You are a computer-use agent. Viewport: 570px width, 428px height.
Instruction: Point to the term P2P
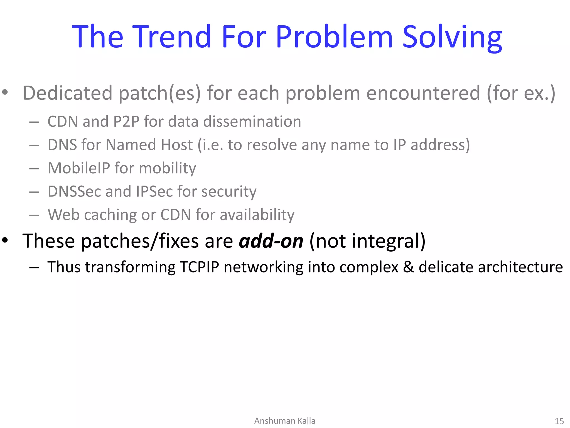tap(126, 121)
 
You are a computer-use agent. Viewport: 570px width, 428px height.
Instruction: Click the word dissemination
tap(252, 121)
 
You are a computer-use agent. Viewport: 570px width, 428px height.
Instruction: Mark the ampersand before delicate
tap(408, 267)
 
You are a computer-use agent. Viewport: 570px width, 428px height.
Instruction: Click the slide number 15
tap(559, 421)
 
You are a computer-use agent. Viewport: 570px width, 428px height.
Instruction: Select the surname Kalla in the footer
tap(306, 421)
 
